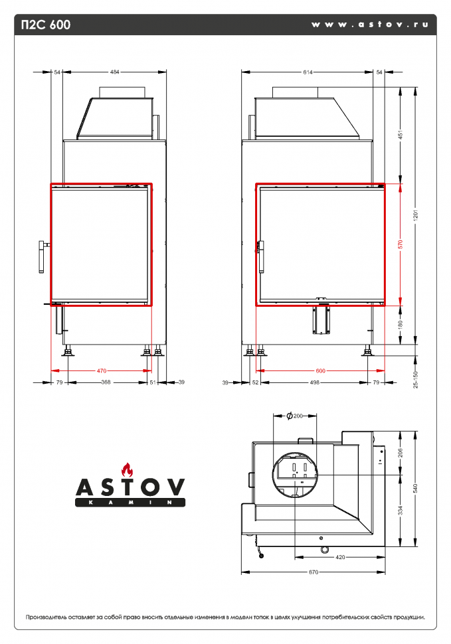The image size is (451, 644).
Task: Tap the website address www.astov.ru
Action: [x=369, y=25]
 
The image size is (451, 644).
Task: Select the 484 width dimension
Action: [x=115, y=72]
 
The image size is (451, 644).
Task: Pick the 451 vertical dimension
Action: [x=401, y=135]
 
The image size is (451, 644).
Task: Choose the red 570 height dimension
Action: [x=401, y=244]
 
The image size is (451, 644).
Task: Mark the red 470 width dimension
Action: [x=102, y=370]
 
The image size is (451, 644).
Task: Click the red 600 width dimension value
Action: [x=320, y=370]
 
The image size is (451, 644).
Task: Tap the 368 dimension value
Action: [x=106, y=382]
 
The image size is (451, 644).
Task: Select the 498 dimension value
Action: [x=315, y=382]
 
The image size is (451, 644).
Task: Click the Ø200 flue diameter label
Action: [x=294, y=416]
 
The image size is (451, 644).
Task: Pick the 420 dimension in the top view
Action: [x=341, y=556]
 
